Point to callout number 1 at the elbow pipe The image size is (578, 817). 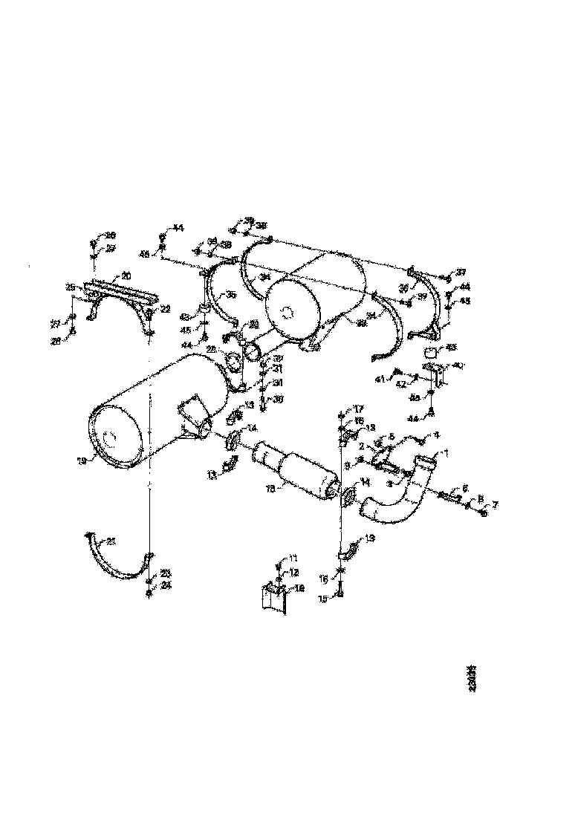point(447,452)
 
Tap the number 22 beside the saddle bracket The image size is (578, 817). point(165,308)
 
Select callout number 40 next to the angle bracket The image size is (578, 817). point(458,365)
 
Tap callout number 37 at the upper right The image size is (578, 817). point(461,272)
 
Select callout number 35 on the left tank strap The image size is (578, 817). point(231,295)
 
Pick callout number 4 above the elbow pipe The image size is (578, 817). point(437,434)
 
